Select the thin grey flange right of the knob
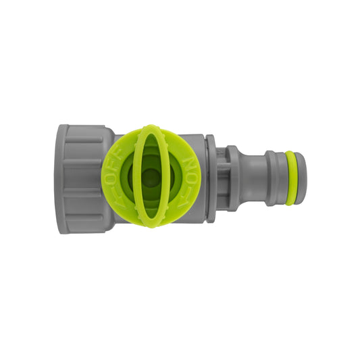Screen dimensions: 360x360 (x=211, y=178)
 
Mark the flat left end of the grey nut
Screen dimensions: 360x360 (x=61, y=178)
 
